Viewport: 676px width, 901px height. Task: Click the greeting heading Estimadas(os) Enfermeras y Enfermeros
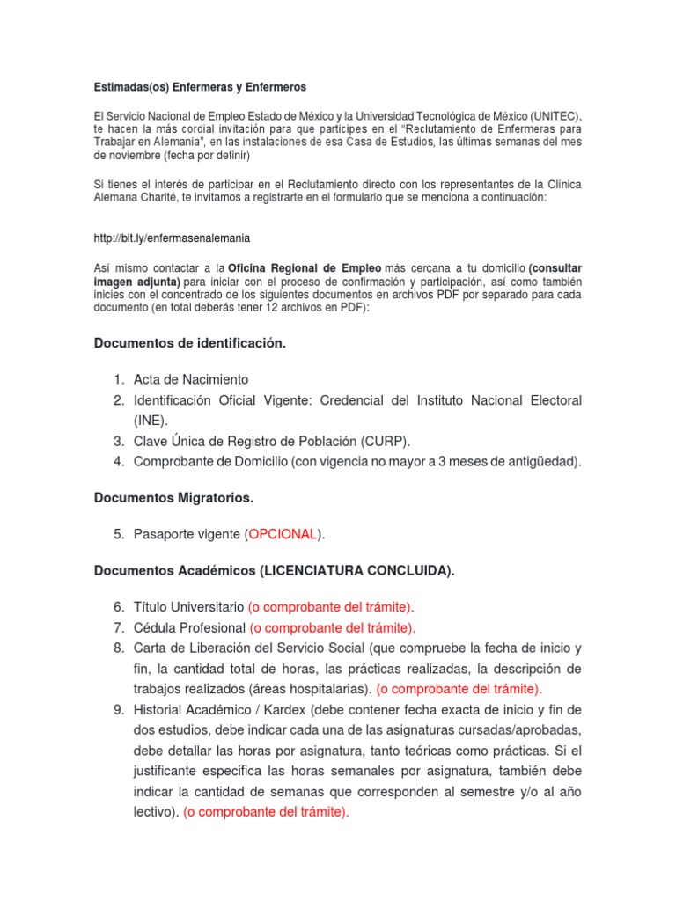pos(200,87)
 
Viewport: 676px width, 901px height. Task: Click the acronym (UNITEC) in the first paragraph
pos(550,116)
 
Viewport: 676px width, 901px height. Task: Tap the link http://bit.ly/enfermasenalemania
pos(165,238)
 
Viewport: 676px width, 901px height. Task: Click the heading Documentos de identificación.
pos(190,343)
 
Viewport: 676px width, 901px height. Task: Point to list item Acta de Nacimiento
pos(191,379)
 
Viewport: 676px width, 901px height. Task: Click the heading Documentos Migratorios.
pos(173,498)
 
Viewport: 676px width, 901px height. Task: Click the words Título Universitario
pos(188,607)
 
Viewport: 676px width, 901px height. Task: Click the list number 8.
pos(119,648)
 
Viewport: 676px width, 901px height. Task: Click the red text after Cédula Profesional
pos(332,627)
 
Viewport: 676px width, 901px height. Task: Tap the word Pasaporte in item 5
pos(163,534)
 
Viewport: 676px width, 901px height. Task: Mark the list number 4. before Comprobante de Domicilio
pos(119,461)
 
